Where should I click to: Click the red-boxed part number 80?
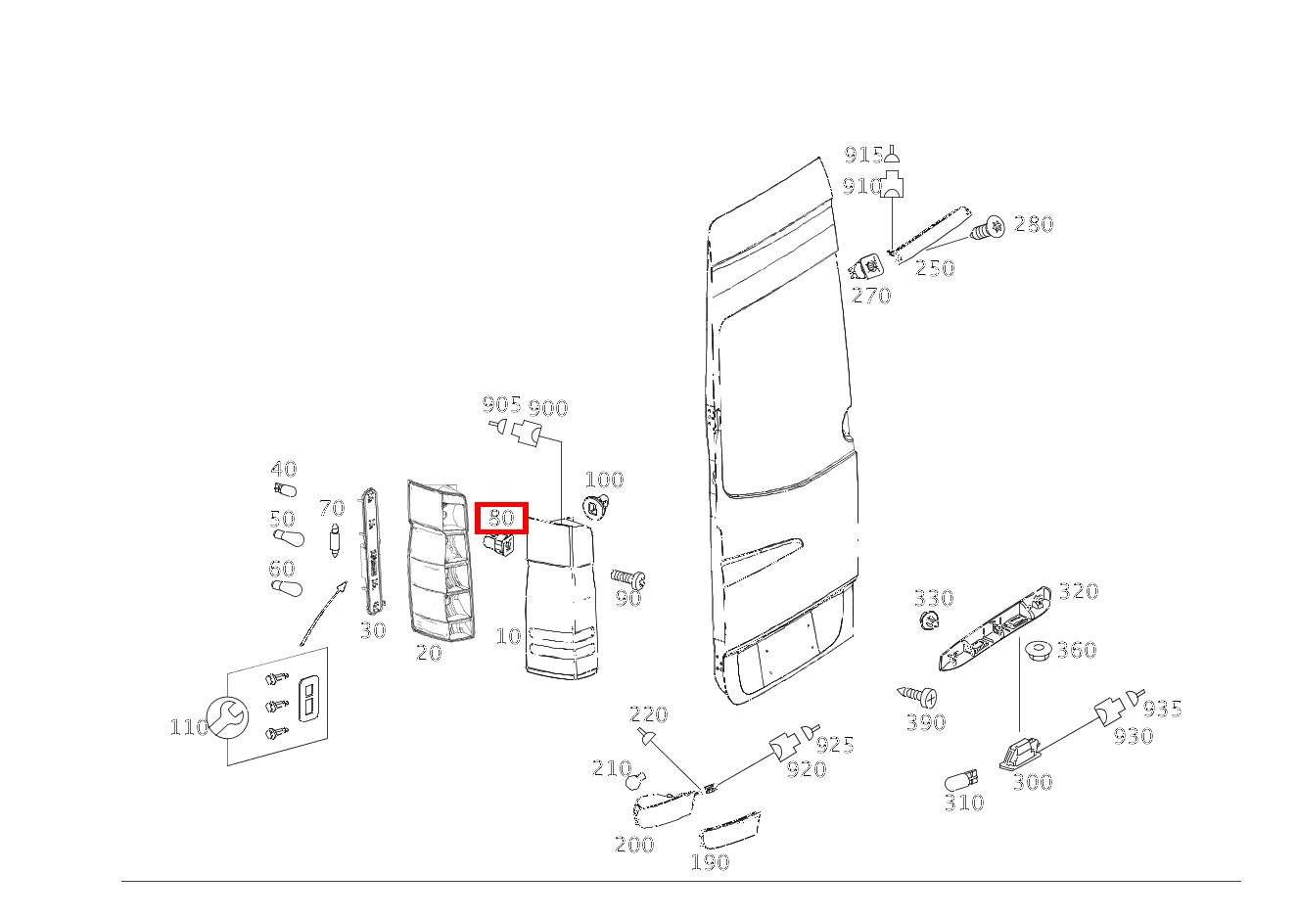[x=501, y=517]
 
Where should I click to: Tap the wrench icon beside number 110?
[x=228, y=718]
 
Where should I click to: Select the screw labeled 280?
[x=988, y=228]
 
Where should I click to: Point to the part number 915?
[x=863, y=155]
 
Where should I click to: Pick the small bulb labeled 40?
[x=285, y=489]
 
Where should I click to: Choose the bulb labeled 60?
[x=286, y=589]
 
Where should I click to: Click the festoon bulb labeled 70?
[x=335, y=540]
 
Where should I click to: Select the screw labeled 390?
[x=917, y=695]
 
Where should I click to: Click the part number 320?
[x=1079, y=591]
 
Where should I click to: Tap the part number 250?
[x=935, y=268]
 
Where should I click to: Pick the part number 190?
[x=711, y=862]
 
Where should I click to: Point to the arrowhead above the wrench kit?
[x=342, y=587]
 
